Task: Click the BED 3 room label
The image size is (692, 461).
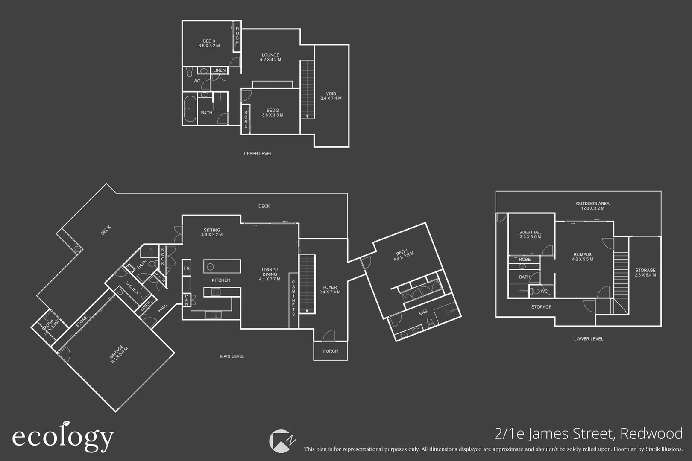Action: (x=209, y=44)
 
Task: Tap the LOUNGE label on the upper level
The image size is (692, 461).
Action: (x=270, y=57)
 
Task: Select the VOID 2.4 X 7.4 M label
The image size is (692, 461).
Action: (x=331, y=96)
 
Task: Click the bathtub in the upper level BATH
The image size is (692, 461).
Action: (x=190, y=109)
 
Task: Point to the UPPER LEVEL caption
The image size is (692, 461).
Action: (x=258, y=154)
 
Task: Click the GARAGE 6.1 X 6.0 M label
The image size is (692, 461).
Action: (x=119, y=354)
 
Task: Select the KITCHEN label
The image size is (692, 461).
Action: (x=221, y=280)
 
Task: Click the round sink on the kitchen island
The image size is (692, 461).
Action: (x=210, y=267)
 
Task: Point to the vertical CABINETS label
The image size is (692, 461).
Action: (x=293, y=298)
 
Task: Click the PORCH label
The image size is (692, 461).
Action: (x=330, y=351)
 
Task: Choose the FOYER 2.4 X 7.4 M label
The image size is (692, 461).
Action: (x=329, y=290)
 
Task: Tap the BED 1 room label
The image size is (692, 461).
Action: (x=404, y=255)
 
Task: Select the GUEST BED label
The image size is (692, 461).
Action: (x=530, y=234)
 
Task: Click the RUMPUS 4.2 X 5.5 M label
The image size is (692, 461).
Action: (x=583, y=257)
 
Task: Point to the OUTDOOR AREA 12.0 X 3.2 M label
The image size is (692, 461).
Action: (x=592, y=206)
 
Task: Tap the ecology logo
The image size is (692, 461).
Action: (x=63, y=437)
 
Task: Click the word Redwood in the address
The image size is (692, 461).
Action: (x=651, y=434)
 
